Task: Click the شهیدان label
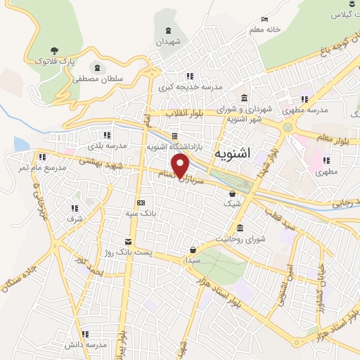[x=169, y=42]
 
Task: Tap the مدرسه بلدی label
[x=106, y=146]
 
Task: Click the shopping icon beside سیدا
[x=193, y=249]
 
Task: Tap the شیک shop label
[x=231, y=203]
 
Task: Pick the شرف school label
[x=75, y=218]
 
